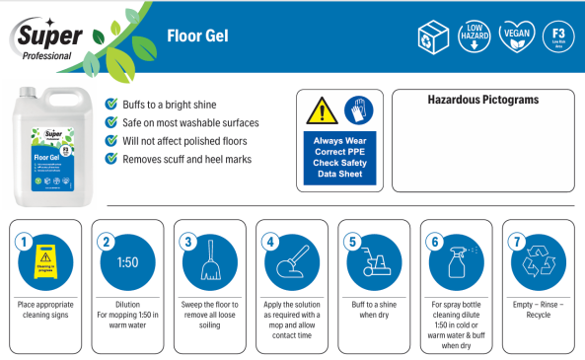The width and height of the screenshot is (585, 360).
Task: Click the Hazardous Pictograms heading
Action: (x=482, y=101)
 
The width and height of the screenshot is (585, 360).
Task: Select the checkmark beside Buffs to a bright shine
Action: (x=111, y=105)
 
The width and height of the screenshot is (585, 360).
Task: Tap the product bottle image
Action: (x=49, y=148)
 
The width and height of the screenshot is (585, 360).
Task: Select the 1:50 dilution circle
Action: (x=127, y=263)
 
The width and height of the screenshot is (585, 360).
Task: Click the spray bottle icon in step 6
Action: (x=456, y=264)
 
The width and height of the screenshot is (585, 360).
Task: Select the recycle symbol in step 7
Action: (x=540, y=264)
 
